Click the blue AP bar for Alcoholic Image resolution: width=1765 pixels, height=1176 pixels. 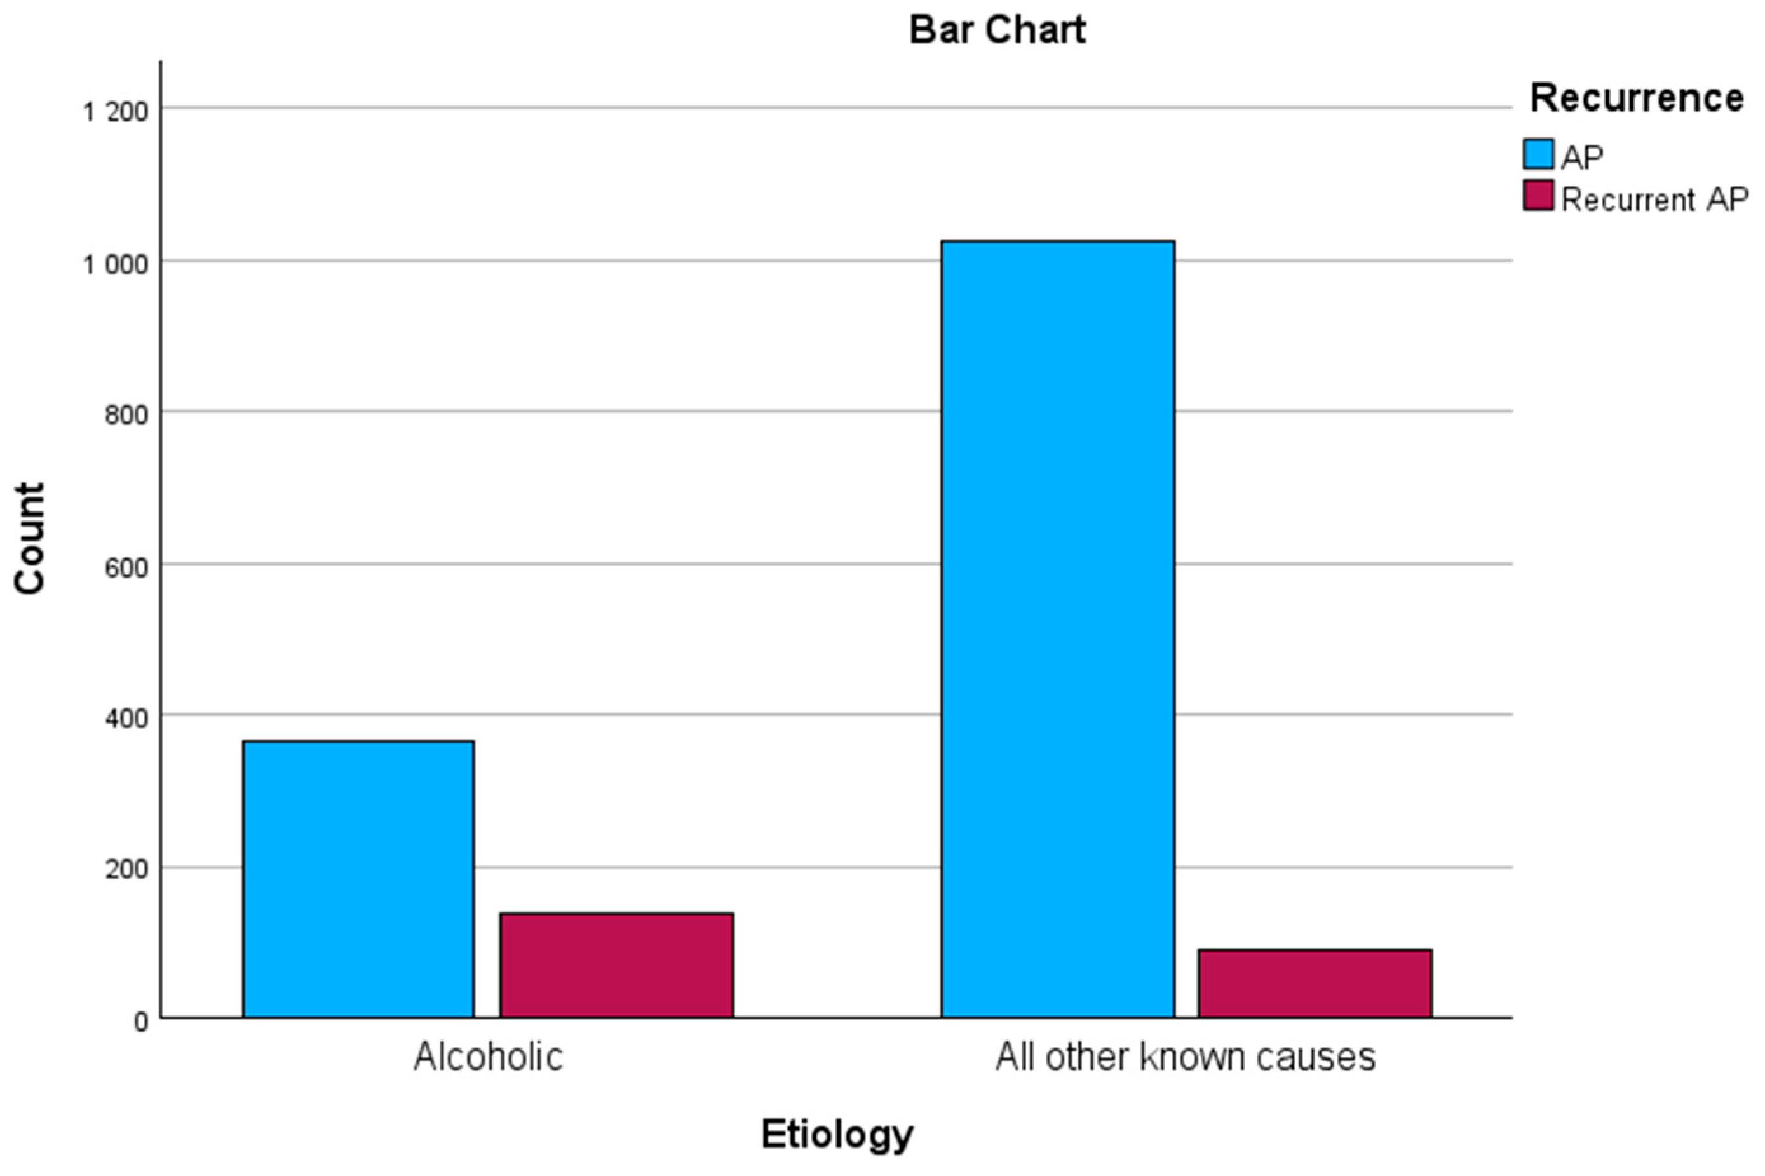(358, 879)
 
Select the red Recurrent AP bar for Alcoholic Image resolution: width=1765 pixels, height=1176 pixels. (616, 965)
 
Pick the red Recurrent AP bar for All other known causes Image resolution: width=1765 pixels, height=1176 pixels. (1315, 983)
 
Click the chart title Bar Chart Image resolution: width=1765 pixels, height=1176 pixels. (997, 30)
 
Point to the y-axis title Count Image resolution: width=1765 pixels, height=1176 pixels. (30, 539)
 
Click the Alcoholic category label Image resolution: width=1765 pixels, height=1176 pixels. (488, 1057)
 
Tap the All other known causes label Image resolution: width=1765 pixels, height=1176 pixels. (1185, 1057)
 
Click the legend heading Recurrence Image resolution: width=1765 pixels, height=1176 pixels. (1636, 98)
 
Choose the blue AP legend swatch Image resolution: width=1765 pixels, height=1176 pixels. (1538, 154)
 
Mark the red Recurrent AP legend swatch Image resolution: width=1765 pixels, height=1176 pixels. (1538, 195)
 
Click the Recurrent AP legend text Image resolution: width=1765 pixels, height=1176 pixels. (1654, 199)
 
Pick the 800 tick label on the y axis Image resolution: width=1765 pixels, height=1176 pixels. (126, 415)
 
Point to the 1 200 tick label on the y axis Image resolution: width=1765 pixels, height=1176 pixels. (116, 112)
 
